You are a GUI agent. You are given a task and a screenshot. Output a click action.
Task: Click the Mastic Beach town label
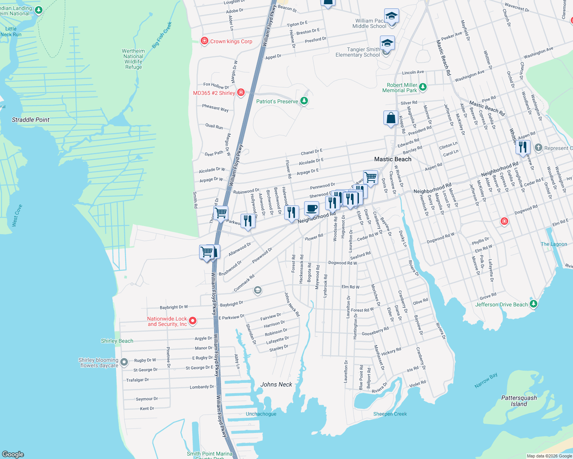(393, 159)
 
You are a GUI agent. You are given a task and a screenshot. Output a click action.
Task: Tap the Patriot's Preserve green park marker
(304, 101)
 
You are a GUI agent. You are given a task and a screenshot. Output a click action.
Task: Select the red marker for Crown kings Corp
(205, 41)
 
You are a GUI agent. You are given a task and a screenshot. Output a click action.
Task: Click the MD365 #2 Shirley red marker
(241, 93)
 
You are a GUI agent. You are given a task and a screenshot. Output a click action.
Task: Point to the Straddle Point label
(31, 120)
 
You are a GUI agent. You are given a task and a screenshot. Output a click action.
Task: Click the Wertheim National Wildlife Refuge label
(133, 59)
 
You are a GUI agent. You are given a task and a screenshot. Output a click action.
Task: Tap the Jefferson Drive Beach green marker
(534, 304)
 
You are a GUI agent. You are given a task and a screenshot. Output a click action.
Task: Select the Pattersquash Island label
(519, 401)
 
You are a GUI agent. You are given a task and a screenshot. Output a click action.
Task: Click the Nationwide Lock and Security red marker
(193, 321)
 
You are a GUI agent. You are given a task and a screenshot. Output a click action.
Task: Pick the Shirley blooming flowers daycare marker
(124, 362)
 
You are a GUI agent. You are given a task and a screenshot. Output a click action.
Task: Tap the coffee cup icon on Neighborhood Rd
(311, 208)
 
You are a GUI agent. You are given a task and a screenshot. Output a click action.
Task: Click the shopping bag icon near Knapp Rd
(391, 118)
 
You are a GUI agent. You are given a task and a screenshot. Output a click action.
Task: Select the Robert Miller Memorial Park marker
(422, 87)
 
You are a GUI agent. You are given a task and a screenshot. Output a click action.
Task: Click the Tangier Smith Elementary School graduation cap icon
(387, 43)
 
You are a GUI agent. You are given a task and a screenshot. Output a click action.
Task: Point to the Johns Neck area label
(276, 384)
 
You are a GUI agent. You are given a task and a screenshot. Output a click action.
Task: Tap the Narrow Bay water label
(486, 381)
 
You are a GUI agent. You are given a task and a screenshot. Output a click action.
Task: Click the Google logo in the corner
(13, 454)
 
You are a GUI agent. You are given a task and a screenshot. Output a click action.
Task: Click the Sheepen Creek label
(390, 414)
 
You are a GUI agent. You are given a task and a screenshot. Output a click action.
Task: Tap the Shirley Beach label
(117, 341)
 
